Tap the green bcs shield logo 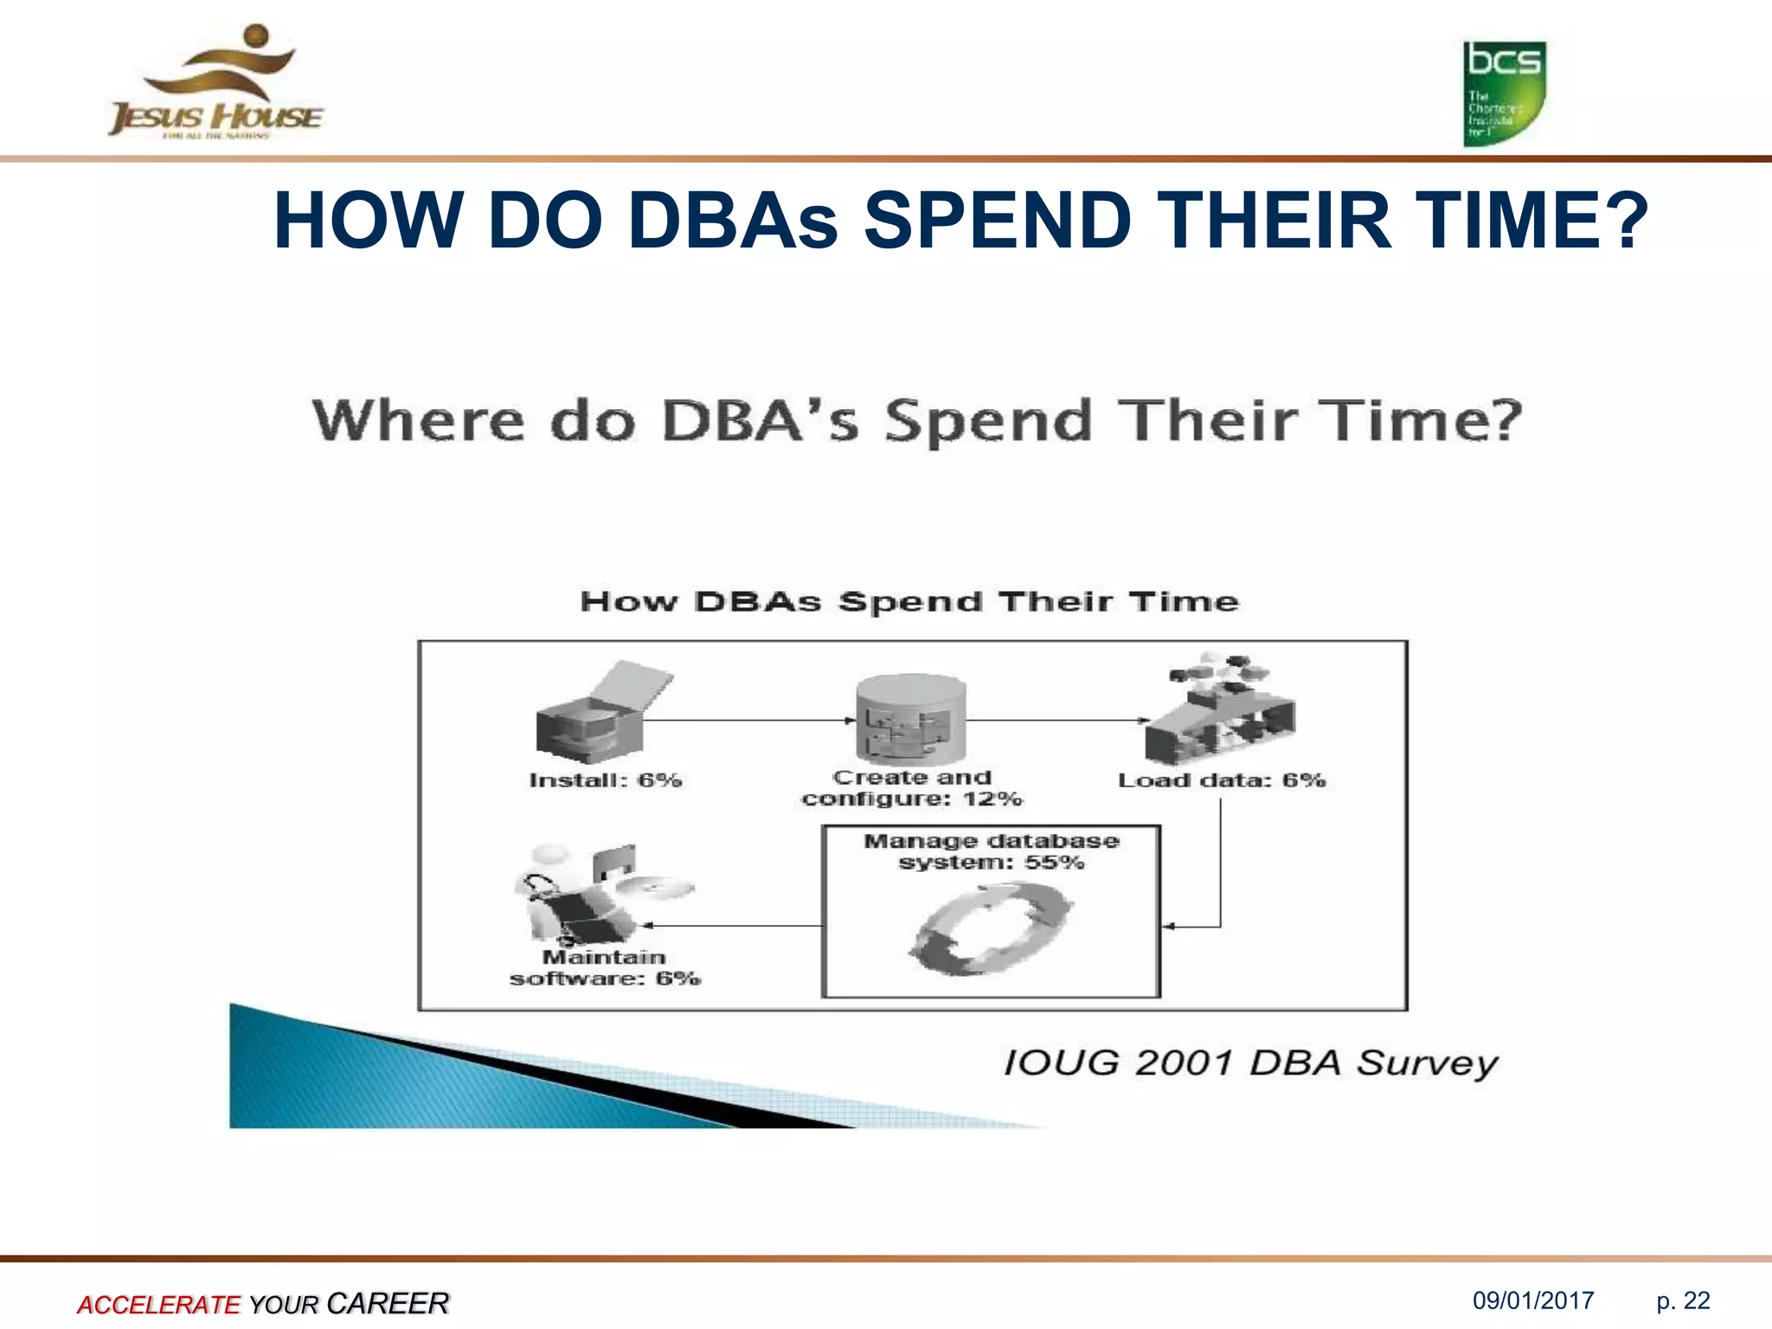(x=1504, y=93)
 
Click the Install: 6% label (x=605, y=780)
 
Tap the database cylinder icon (x=910, y=718)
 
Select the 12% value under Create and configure (x=992, y=799)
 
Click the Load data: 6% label (x=1221, y=780)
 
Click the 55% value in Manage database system (x=1054, y=863)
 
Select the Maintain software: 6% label (x=605, y=968)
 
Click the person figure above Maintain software (x=562, y=896)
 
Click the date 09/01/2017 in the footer (x=1533, y=1300)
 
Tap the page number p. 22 (x=1683, y=1300)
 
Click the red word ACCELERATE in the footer (x=158, y=1304)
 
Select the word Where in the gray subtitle (x=418, y=421)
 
